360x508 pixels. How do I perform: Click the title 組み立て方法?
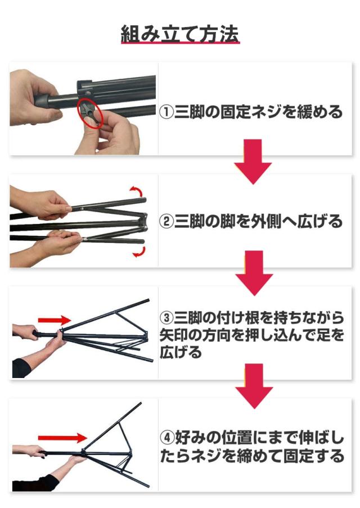[180, 33]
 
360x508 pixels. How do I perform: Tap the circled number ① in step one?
[166, 112]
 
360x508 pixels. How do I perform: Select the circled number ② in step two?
[166, 221]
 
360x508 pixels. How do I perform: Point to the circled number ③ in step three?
[166, 317]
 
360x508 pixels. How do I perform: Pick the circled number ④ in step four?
[168, 438]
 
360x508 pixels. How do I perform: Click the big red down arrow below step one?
[253, 161]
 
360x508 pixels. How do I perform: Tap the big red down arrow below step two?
[254, 273]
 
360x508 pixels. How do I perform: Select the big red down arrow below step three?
[254, 386]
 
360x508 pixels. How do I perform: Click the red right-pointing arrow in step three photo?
[55, 321]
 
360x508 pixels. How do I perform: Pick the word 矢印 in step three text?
[174, 335]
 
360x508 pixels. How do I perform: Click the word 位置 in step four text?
[236, 438]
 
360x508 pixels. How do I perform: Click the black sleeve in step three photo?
[46, 334]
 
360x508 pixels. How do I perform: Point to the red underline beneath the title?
[180, 42]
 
